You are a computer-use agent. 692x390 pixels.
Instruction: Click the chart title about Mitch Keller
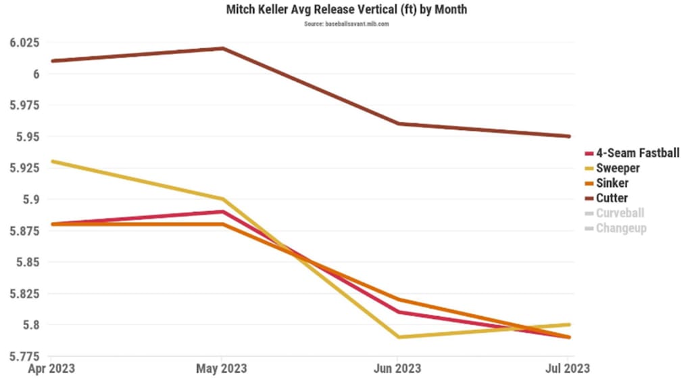point(346,11)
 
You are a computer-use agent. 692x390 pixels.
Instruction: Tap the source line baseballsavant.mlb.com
point(346,24)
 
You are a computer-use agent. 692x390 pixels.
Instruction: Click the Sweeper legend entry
point(618,169)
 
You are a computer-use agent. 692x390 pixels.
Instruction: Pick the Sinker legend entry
point(612,183)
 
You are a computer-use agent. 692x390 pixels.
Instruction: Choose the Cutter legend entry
point(612,198)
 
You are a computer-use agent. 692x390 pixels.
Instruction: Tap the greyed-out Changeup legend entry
point(621,228)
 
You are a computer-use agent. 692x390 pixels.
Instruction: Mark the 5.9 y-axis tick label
point(31,200)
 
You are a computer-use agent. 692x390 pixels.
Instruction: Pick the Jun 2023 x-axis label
point(397,369)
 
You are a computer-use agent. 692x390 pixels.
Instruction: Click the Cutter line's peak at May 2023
point(223,49)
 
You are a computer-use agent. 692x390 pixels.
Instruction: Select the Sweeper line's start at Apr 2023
point(51,162)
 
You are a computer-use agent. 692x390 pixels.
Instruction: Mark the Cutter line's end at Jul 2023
point(570,136)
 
